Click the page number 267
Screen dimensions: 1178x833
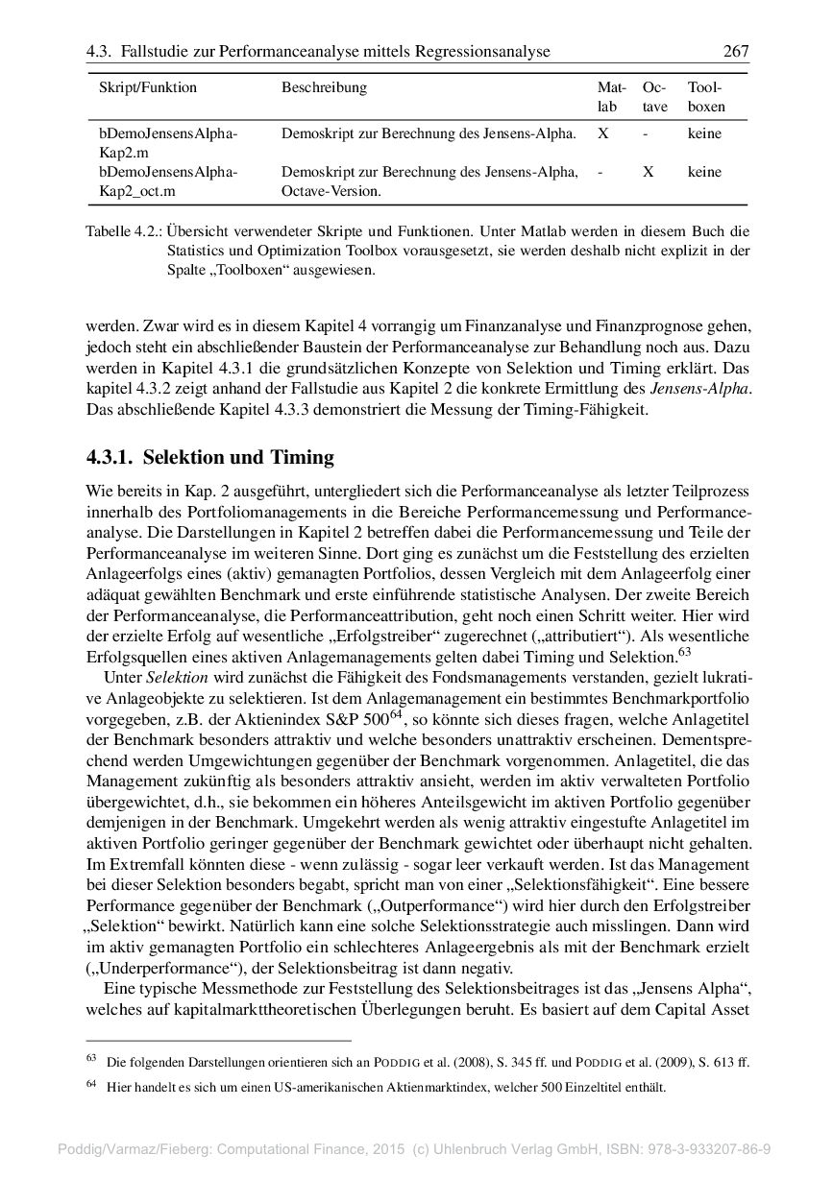[735, 52]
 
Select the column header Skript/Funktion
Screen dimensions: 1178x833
[148, 87]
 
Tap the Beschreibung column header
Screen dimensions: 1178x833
[324, 87]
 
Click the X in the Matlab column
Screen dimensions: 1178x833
[602, 133]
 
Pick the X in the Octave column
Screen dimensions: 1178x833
[649, 172]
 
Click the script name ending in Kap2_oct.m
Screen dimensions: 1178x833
[144, 191]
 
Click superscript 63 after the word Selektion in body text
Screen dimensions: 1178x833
[684, 653]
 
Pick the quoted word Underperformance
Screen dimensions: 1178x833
[151, 967]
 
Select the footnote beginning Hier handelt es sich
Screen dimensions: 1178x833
[385, 1087]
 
